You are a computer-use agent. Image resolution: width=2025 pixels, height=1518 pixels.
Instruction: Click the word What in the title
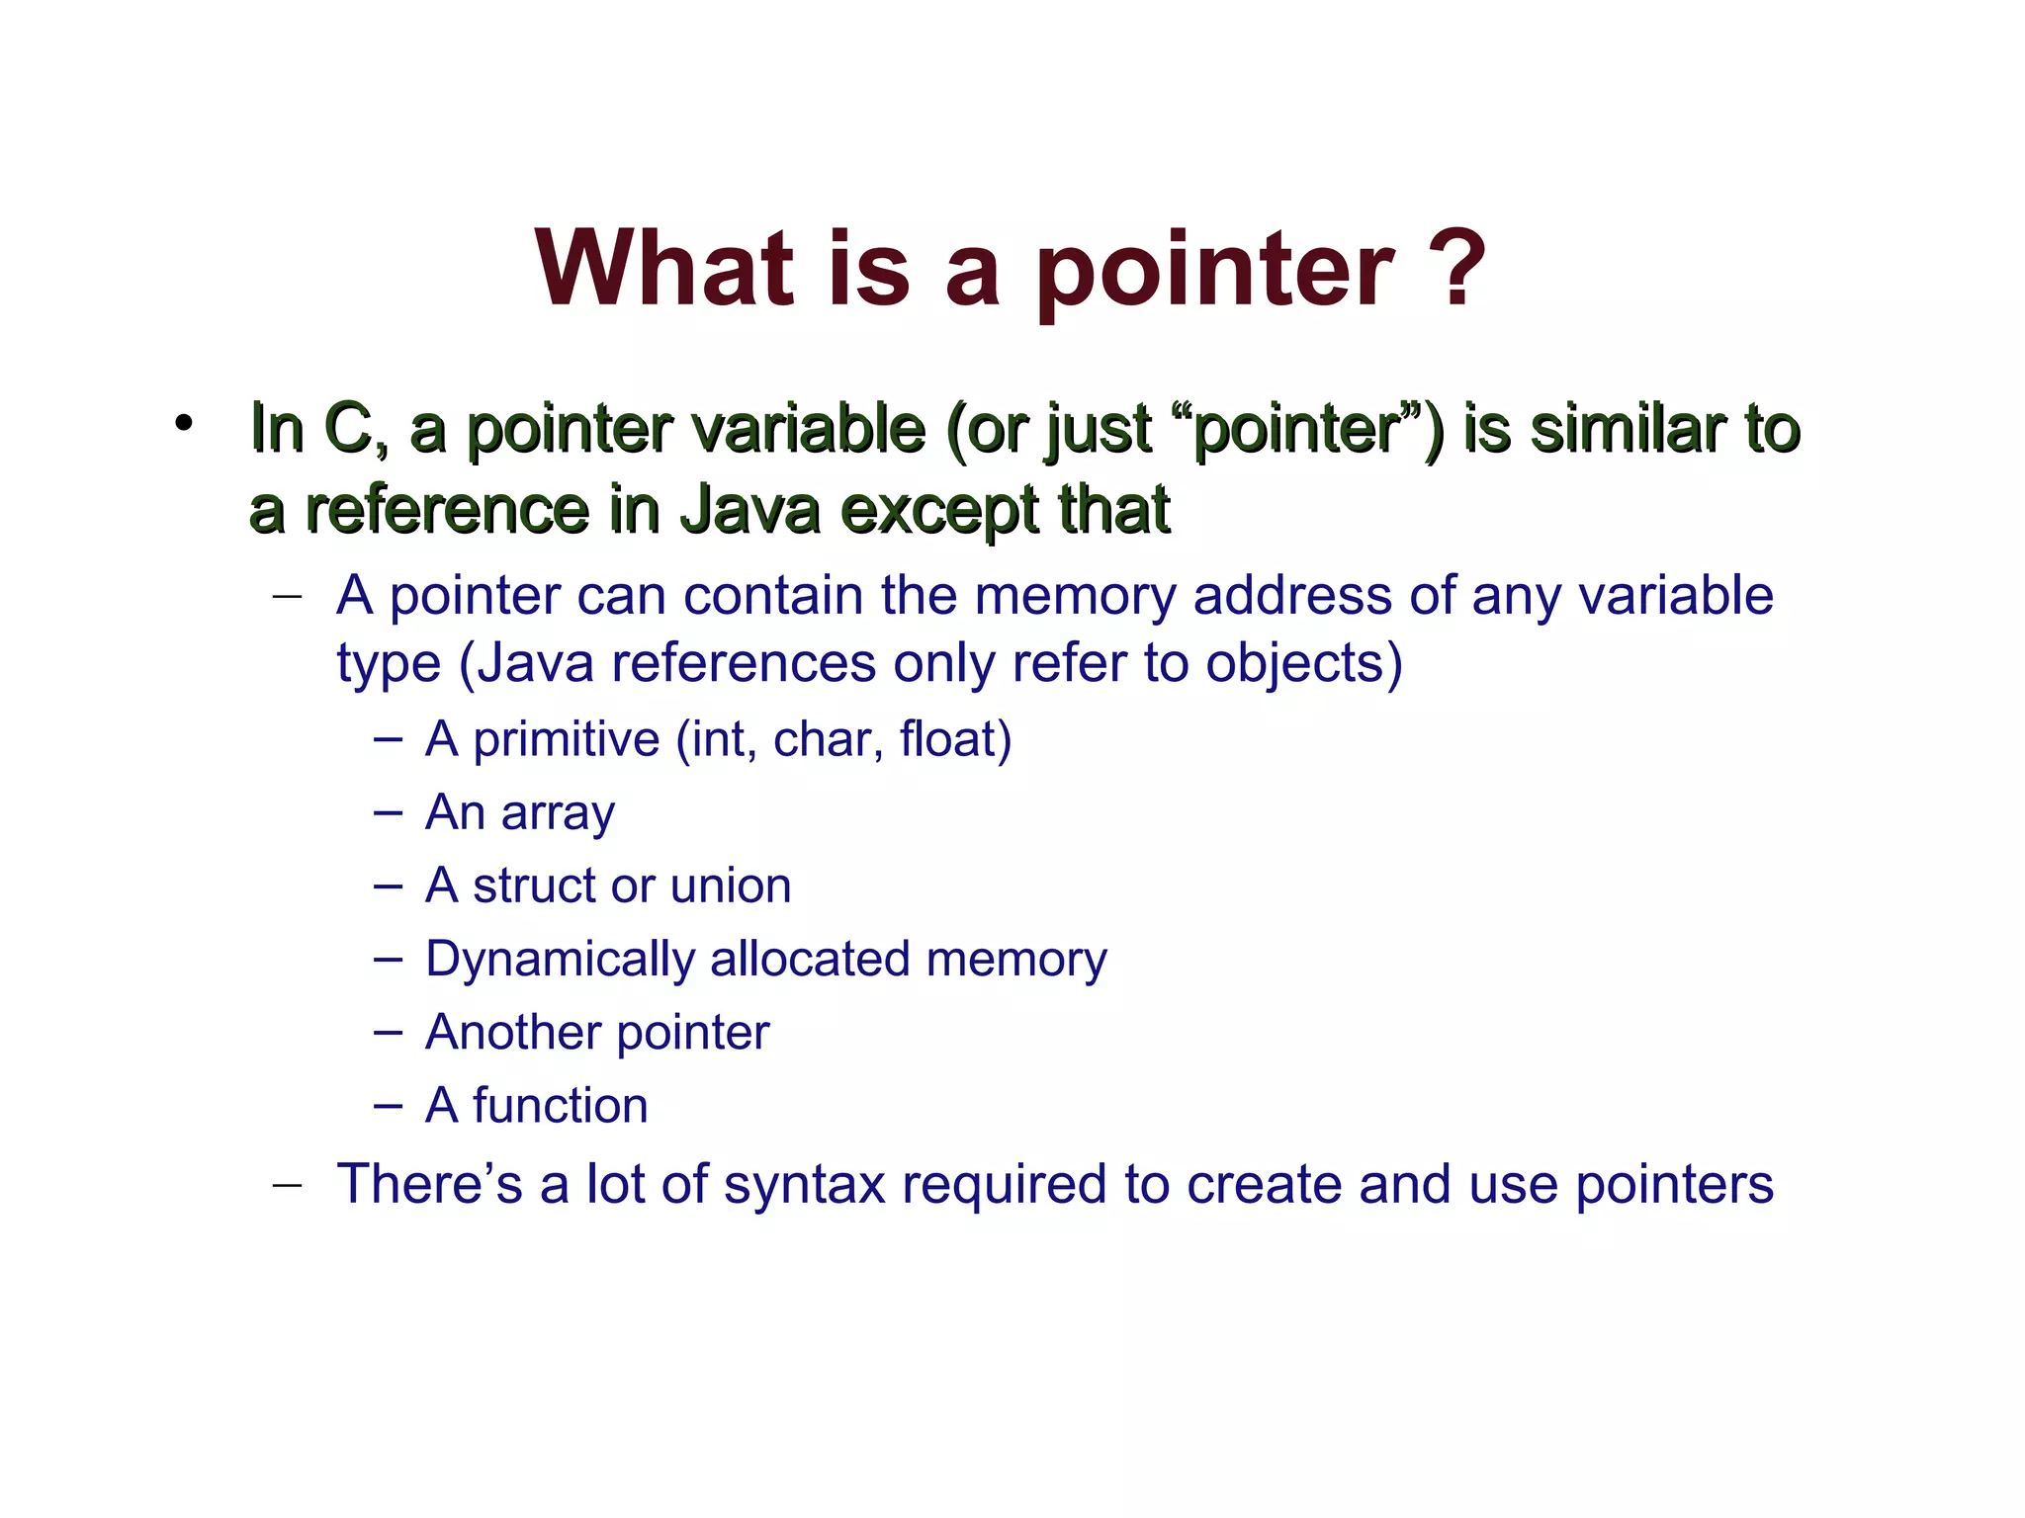(664, 269)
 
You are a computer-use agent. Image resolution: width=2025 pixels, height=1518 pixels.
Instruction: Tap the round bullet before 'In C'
(183, 423)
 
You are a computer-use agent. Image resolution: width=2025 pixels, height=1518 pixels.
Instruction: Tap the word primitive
(566, 739)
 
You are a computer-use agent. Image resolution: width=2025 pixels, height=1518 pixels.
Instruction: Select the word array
(558, 813)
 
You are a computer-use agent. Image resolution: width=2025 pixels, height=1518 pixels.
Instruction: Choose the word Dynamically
(560, 960)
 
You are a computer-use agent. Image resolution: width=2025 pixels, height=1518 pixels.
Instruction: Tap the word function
(560, 1105)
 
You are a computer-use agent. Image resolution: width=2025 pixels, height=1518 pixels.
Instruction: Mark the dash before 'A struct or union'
(388, 885)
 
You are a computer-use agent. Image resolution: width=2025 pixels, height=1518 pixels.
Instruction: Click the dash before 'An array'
(388, 813)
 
